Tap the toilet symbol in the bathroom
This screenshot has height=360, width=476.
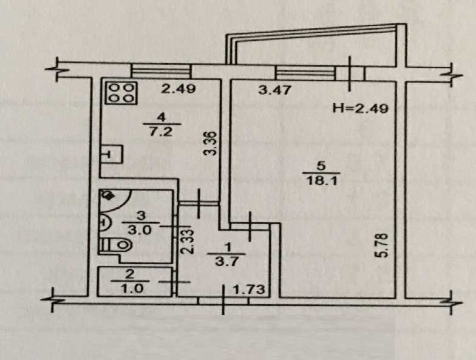pyautogui.click(x=115, y=245)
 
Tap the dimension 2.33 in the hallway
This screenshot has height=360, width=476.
pyautogui.click(x=189, y=239)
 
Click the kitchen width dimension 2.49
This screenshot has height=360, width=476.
pyautogui.click(x=178, y=89)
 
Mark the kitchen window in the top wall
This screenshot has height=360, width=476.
pyautogui.click(x=161, y=71)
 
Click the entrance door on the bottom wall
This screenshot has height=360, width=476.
pyautogui.click(x=222, y=300)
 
